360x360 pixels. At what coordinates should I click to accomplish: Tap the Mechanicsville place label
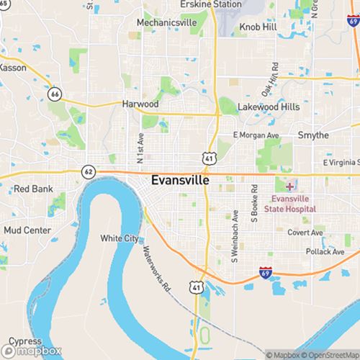click(x=167, y=23)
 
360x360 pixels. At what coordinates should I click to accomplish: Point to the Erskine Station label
click(x=211, y=4)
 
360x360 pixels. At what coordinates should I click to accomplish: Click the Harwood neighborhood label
click(x=140, y=104)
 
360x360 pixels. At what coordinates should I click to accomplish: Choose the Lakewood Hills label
click(x=269, y=107)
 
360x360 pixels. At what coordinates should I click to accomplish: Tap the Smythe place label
click(x=313, y=135)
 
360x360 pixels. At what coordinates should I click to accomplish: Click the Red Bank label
click(x=30, y=189)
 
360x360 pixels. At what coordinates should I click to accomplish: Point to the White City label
click(x=119, y=238)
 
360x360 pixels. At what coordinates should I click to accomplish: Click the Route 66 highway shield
click(x=55, y=94)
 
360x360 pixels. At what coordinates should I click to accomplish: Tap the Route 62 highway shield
click(x=88, y=172)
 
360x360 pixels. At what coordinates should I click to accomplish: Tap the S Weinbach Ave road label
click(x=235, y=235)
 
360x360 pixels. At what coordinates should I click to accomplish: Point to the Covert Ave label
click(x=307, y=233)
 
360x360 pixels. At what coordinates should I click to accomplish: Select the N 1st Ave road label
click(x=141, y=146)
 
